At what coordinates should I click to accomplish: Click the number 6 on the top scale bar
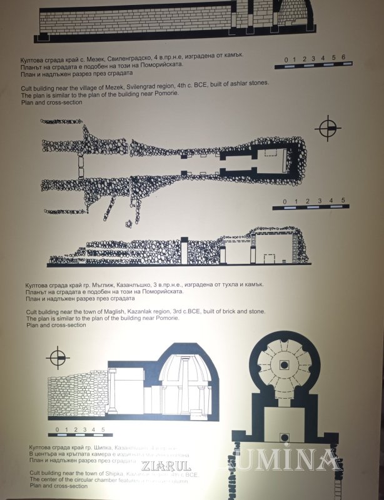[x=343, y=58]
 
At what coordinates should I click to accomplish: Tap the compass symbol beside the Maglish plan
[x=328, y=128]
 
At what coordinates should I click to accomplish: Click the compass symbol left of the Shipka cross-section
[x=58, y=358]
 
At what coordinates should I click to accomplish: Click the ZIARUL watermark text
[x=166, y=466]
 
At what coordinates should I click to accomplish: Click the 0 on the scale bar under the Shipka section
[x=57, y=429]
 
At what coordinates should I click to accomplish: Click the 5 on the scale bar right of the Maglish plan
[x=343, y=201]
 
